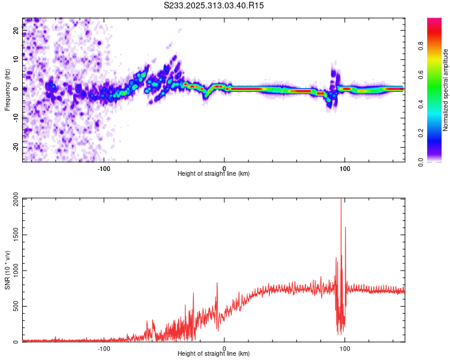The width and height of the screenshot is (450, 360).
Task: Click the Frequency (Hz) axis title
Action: [7, 89]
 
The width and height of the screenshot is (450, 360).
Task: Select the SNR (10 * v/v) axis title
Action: [7, 270]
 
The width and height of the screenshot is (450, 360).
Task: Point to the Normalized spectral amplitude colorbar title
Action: [446, 89]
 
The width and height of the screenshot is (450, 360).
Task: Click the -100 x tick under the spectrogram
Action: [103, 167]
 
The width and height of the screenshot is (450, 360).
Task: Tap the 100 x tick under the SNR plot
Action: [345, 348]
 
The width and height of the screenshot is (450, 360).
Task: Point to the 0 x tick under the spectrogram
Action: [224, 167]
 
